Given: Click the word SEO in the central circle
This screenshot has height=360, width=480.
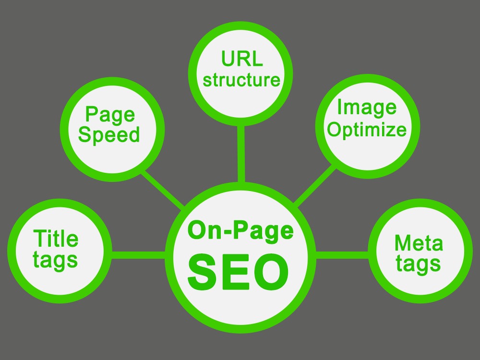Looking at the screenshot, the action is pos(238,272).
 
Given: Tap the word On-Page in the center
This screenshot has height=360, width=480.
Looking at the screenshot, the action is pos(240,231).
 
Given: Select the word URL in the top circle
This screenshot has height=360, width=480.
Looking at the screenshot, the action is pos(242,58).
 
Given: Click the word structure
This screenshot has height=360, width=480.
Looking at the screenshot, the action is pos(241,80).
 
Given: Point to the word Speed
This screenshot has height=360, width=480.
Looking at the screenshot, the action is pos(109,135).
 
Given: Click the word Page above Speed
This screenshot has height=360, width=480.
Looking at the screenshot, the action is pos(110,115).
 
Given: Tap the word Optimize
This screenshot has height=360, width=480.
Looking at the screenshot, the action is pos(367,130).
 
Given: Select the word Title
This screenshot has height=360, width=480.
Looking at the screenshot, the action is pos(56,238).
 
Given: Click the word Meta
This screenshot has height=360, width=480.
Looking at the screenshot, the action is pos(419,243).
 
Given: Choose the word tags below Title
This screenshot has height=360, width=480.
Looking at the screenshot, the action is pos(55,261).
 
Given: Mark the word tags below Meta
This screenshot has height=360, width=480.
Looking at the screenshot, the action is pos(418,264).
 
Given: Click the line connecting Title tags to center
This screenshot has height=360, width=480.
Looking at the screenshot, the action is pos(138,255).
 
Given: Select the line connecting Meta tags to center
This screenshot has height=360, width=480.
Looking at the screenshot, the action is pos(342,255).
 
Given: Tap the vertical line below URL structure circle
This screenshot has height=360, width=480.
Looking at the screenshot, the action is pos(241,154).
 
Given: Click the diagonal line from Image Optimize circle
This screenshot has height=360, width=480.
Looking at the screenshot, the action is pos(315,186).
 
